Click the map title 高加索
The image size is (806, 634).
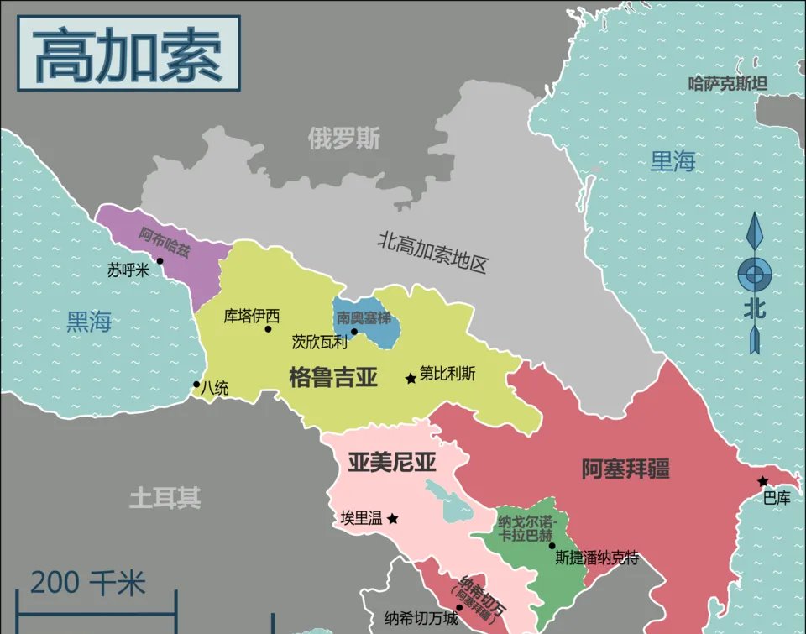pos(128,55)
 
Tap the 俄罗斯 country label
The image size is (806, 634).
pos(343,139)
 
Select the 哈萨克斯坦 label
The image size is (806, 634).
pos(727,83)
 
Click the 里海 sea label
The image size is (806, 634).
pos(673,160)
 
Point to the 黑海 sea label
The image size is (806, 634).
pos(89,321)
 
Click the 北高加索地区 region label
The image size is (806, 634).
pos(432,253)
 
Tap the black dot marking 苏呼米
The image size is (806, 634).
pos(160,261)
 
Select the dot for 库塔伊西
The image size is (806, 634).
pos(268,329)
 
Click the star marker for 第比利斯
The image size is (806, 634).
pos(411,379)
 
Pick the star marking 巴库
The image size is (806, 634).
pos(762,481)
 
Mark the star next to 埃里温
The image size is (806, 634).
pos(392,519)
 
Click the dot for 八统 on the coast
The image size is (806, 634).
pos(196,385)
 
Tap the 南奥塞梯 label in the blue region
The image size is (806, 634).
pos(364,318)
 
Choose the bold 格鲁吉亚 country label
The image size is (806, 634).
pos(332,378)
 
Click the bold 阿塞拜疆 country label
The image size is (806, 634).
pos(625,469)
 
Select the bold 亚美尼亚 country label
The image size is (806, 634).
pos(391,462)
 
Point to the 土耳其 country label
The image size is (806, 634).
pos(165,499)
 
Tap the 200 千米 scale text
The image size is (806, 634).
pos(88,582)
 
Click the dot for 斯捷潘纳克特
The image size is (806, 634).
pos(552,545)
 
